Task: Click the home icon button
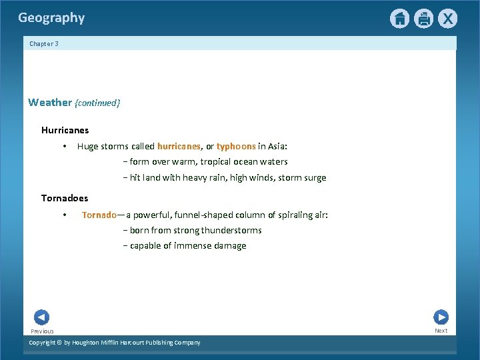399,19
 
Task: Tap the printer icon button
423,19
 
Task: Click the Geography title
51,18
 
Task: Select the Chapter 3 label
44,44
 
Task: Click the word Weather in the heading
50,103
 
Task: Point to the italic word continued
97,103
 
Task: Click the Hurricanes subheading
65,130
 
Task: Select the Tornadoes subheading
65,198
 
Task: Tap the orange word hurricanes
179,146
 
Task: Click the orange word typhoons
236,146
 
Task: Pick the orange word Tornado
99,215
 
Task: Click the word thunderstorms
231,230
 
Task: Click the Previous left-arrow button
41,317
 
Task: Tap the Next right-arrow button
441,317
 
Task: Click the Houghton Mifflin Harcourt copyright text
115,343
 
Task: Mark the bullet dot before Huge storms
64,147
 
